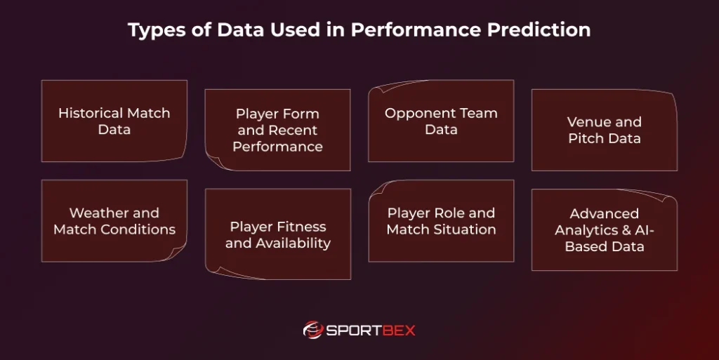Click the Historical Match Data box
[114, 121]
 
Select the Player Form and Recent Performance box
[277, 130]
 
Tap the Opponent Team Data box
[441, 121]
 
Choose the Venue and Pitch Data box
[604, 130]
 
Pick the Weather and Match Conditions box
[114, 221]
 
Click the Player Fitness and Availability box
[277, 234]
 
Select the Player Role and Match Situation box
[441, 221]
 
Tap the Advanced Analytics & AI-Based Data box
[604, 229]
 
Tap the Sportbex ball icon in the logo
[313, 329]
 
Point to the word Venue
[585, 122]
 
